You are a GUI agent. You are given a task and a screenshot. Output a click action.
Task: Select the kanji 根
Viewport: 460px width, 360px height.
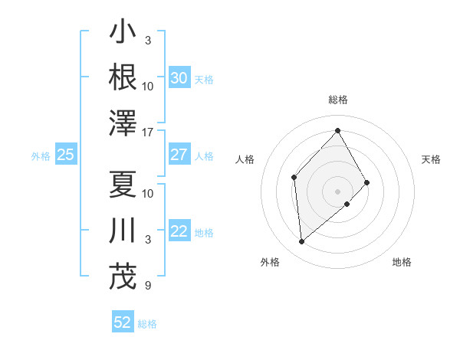tap(123, 77)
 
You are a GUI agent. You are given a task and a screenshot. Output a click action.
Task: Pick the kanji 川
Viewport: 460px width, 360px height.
tap(123, 231)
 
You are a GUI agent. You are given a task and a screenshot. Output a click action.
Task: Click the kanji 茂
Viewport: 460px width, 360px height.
tap(123, 277)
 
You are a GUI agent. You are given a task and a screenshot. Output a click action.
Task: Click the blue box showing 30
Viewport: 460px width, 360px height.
tap(179, 77)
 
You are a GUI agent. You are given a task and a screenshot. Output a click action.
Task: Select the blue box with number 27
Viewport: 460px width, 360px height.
tap(179, 155)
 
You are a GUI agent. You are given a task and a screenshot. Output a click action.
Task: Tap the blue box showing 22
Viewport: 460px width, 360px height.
tap(179, 231)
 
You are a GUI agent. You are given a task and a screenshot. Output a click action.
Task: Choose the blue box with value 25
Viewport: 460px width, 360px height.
tap(65, 155)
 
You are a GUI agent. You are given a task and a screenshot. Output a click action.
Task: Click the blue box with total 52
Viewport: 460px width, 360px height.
tap(123, 322)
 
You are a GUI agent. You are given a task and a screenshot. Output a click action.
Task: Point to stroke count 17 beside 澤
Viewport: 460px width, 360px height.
tap(149, 132)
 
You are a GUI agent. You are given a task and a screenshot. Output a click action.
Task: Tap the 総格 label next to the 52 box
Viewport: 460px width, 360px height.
tap(147, 324)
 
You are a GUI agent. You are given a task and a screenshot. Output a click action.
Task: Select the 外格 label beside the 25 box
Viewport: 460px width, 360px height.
tap(41, 156)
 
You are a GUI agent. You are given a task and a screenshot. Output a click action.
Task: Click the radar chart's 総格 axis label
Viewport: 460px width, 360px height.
tap(338, 100)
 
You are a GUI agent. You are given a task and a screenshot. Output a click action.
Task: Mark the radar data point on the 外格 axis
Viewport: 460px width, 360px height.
tap(301, 242)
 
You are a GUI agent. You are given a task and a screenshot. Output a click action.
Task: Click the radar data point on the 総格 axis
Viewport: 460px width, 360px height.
tap(338, 130)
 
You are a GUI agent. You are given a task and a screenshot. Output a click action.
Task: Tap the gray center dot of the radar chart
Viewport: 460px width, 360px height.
tap(338, 191)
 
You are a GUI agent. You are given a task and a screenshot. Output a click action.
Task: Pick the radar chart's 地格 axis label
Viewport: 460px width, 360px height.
tap(402, 262)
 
